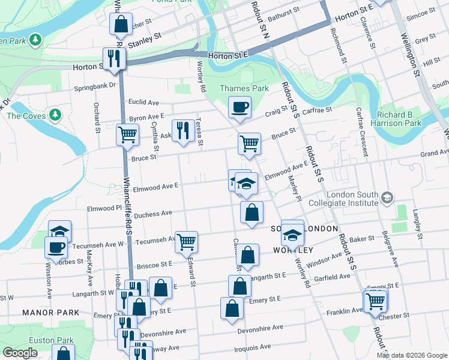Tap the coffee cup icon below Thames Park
click(240, 107)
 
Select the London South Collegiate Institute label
click(352, 199)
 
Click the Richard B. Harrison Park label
click(399, 119)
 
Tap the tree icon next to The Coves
click(55, 113)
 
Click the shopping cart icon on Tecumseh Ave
click(187, 242)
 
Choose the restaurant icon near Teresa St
click(182, 130)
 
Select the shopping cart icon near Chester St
click(375, 300)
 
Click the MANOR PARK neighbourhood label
click(43, 313)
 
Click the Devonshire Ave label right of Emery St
click(260, 328)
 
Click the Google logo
click(20, 353)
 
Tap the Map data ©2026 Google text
click(411, 355)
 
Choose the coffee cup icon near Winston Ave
click(56, 247)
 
